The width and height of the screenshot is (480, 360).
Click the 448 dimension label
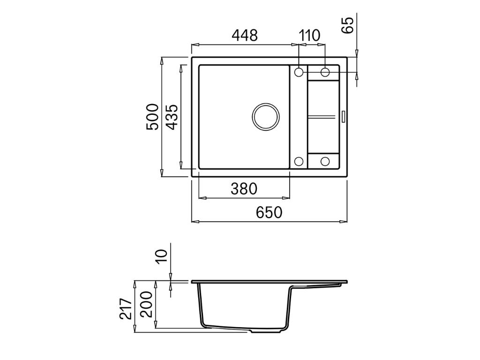tap(245, 36)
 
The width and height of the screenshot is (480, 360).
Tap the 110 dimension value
tap(309, 36)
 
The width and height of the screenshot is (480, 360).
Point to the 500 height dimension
tap(152, 117)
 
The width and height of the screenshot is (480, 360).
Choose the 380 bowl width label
tap(244, 189)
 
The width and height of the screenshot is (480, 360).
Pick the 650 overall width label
tap(269, 212)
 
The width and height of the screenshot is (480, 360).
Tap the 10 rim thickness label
tap(162, 256)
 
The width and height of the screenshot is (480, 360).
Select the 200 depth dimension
tap(146, 304)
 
